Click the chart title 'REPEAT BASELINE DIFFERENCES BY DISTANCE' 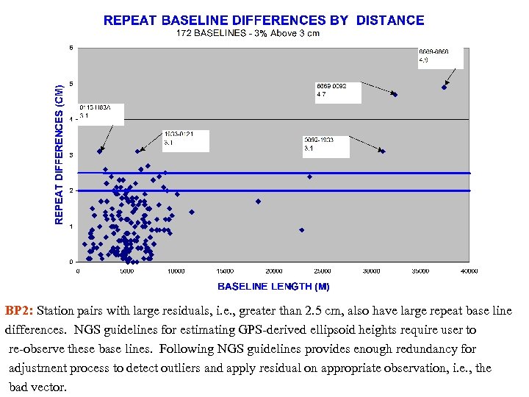[x=264, y=21]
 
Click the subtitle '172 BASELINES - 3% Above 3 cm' [x=248, y=34]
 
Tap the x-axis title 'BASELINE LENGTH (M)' [x=273, y=286]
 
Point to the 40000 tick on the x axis [x=469, y=271]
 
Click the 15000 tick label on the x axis [x=224, y=271]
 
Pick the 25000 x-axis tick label [x=323, y=271]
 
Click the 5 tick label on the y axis [x=71, y=84]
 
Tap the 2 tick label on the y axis [x=71, y=190]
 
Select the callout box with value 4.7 [x=337, y=91]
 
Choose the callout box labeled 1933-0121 [x=185, y=140]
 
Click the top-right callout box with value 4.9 [x=440, y=58]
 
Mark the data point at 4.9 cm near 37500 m [x=444, y=87]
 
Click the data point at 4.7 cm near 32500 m [x=395, y=95]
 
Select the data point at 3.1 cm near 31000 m [x=382, y=151]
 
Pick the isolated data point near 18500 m [x=258, y=201]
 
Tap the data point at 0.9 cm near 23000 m [x=302, y=230]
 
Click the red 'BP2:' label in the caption [x=19, y=311]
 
